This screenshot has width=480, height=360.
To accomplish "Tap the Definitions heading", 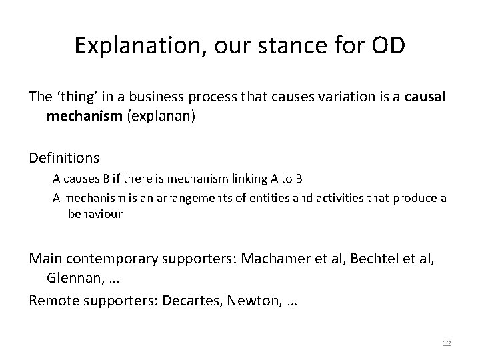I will point(64,158).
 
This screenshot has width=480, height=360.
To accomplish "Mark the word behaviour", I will point(95,215).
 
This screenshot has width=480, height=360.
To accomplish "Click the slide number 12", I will point(447,343).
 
